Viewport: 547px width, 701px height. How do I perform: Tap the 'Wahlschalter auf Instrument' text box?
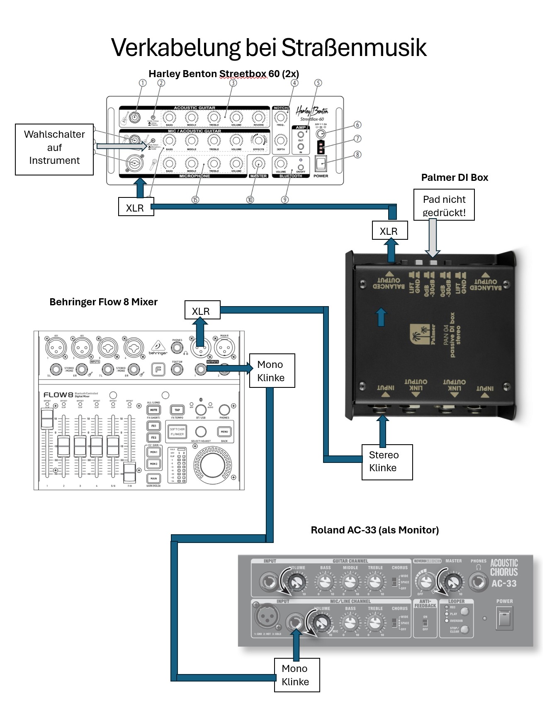coord(54,148)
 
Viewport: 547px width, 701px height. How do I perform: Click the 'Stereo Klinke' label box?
coord(387,462)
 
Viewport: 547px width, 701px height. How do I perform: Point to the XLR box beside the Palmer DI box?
coord(389,231)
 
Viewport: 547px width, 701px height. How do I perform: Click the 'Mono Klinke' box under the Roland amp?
coord(296,675)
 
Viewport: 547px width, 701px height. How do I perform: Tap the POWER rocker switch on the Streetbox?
coord(321,163)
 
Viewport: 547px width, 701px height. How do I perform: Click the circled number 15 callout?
coord(195,200)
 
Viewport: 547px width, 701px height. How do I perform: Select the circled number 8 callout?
coord(357,154)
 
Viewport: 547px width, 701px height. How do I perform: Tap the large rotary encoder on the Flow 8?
coord(213,465)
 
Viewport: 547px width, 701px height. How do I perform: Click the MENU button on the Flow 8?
coord(224,432)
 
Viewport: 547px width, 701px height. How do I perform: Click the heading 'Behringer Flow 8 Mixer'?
coord(103,302)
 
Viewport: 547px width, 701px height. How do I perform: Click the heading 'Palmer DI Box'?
coord(455,178)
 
